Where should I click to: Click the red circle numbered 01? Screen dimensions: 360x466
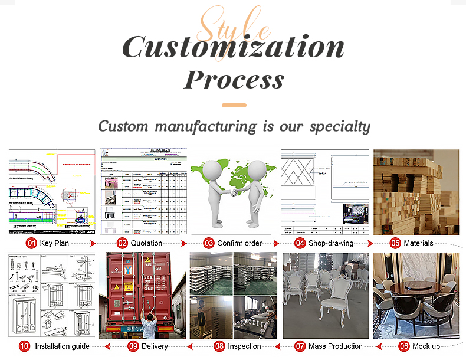[31, 243]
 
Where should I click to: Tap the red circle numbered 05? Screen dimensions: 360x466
[395, 243]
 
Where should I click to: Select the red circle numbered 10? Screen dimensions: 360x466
[24, 346]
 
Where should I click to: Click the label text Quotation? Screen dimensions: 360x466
[147, 243]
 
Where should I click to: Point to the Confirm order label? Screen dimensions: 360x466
[239, 243]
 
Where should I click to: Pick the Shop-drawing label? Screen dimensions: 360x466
[332, 243]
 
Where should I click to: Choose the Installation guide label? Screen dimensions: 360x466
[63, 346]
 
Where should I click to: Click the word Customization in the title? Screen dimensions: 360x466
[233, 47]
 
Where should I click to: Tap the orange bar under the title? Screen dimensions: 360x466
[234, 105]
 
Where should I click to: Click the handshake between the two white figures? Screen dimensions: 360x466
[237, 192]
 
